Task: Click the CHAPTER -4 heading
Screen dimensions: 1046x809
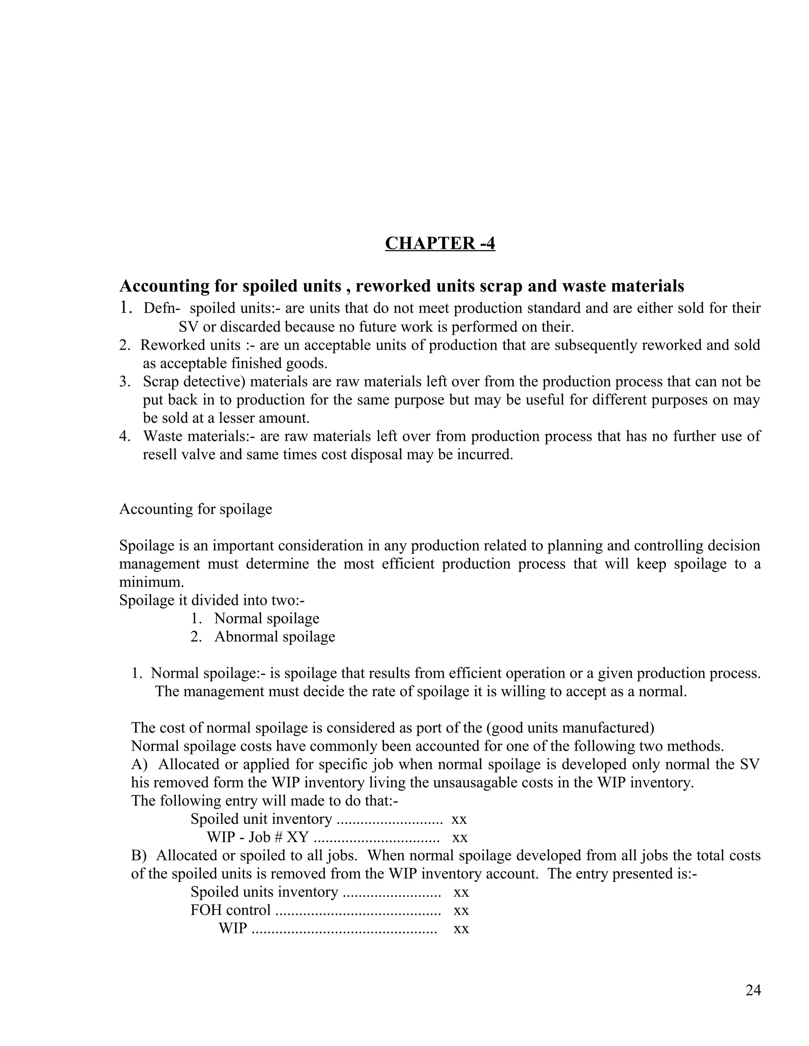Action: tap(440, 243)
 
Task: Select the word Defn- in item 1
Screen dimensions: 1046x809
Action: tap(162, 308)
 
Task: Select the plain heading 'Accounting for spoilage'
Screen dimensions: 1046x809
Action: tap(196, 509)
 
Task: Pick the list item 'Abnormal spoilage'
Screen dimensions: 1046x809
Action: tap(275, 637)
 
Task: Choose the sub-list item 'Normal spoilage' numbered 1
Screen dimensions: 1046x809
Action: tap(267, 618)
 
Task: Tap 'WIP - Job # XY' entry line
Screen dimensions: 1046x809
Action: tap(258, 837)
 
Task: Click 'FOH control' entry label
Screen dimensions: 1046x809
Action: tap(231, 910)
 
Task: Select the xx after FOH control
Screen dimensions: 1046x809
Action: tap(461, 910)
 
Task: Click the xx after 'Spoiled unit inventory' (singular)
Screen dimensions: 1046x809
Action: tap(459, 819)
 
